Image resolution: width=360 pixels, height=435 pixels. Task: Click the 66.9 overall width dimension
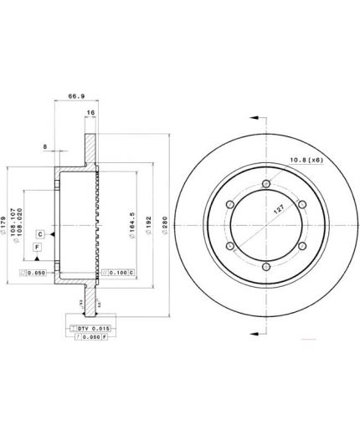pyautogui.click(x=74, y=97)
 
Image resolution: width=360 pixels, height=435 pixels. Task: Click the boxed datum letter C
pyautogui.click(x=39, y=235)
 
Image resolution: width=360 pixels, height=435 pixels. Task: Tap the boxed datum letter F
pyautogui.click(x=38, y=248)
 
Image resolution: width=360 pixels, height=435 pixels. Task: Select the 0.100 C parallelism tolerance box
pyautogui.click(x=116, y=273)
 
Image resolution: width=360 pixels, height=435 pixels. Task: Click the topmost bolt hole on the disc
pyautogui.click(x=265, y=185)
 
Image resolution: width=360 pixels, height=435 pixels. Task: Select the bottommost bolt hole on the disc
pyautogui.click(x=265, y=268)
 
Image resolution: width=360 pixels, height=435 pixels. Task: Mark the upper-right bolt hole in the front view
pyautogui.click(x=301, y=206)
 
